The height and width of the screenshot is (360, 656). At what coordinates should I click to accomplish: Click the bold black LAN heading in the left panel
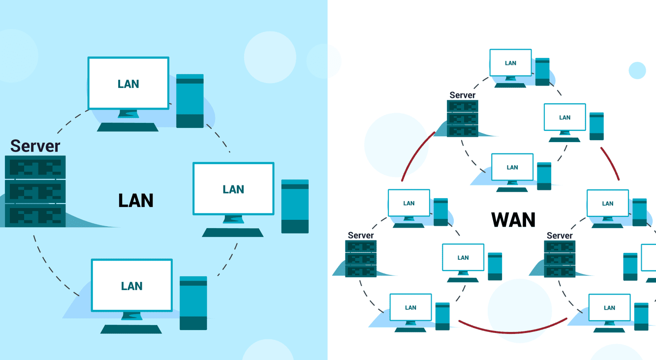coord(136,201)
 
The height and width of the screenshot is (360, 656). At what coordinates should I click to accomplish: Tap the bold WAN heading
coord(513,220)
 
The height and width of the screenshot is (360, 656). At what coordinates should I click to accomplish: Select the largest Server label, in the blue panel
coord(35,146)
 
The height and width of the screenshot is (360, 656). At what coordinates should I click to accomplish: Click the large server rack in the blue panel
coord(35,191)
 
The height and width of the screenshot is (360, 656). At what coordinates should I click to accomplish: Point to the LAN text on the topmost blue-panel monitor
coord(128,84)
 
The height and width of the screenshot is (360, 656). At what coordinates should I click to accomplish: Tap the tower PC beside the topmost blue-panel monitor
coord(190,101)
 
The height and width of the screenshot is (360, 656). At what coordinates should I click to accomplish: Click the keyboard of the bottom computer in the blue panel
coord(131,329)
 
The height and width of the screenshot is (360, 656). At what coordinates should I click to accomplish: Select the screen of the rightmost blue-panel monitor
coord(233,189)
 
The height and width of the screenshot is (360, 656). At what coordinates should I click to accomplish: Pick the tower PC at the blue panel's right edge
coord(295,207)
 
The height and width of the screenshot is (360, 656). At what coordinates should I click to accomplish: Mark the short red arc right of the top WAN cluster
coord(611,163)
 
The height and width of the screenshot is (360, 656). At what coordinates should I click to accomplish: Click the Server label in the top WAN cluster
coord(463,95)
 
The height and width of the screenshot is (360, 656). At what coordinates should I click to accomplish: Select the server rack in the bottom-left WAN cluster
coord(361,259)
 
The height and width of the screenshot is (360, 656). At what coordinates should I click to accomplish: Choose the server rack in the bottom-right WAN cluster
coord(560,259)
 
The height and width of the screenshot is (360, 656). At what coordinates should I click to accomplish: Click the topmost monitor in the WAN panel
coord(510,62)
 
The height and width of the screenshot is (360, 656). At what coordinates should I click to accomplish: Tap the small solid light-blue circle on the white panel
coord(637,70)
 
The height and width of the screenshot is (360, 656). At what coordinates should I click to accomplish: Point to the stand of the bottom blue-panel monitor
coord(132,316)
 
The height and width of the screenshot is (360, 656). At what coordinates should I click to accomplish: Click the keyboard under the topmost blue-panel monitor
coord(127,127)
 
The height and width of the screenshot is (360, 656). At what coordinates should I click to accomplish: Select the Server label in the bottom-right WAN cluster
coord(560,236)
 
